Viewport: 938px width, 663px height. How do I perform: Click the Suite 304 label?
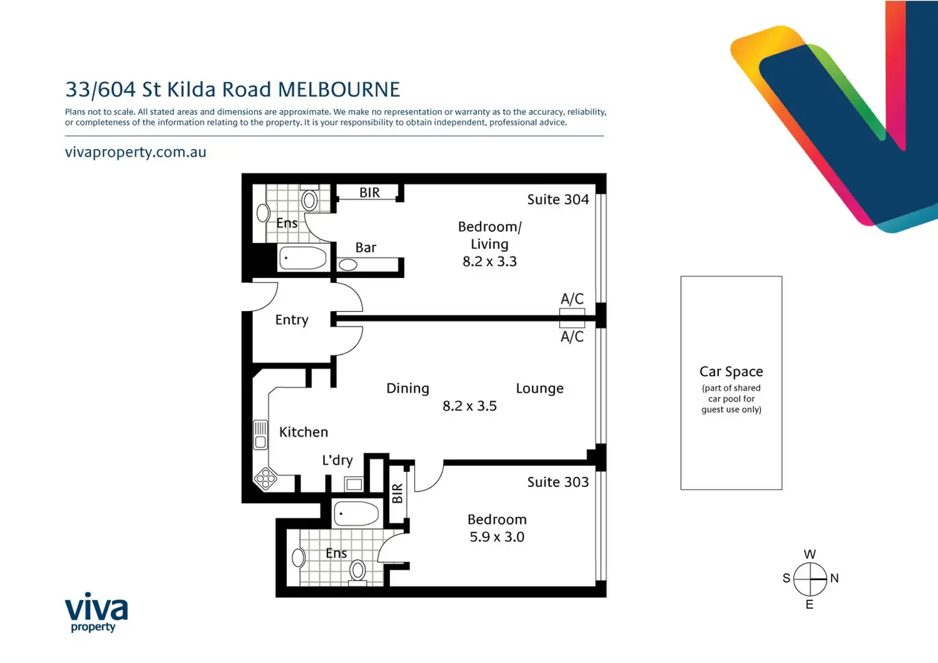click(x=558, y=200)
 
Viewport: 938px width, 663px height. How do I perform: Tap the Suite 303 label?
click(x=558, y=482)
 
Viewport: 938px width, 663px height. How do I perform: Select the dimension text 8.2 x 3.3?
click(x=489, y=261)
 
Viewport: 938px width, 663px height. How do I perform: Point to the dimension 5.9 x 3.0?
click(x=496, y=537)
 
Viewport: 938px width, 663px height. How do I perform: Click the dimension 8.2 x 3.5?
click(x=470, y=406)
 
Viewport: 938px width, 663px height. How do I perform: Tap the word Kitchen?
click(x=303, y=432)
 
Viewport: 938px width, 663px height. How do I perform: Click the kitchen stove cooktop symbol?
click(x=266, y=478)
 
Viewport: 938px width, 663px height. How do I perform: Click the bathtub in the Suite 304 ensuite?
click(x=303, y=258)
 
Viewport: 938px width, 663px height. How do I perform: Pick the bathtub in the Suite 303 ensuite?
click(x=357, y=513)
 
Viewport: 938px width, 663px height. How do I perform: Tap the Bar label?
click(x=366, y=247)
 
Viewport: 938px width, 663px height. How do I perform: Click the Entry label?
click(x=291, y=320)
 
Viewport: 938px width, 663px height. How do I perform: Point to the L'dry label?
click(x=337, y=460)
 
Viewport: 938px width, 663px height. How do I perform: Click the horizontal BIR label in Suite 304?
click(x=370, y=193)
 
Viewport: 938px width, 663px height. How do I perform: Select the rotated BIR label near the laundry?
click(x=398, y=493)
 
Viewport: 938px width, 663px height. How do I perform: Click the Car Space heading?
click(x=731, y=372)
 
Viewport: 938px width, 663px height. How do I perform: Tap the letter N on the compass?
click(x=834, y=578)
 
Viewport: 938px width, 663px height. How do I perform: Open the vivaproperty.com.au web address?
click(x=136, y=152)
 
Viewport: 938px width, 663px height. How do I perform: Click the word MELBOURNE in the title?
click(x=339, y=90)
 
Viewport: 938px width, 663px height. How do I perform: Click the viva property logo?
click(x=96, y=612)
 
